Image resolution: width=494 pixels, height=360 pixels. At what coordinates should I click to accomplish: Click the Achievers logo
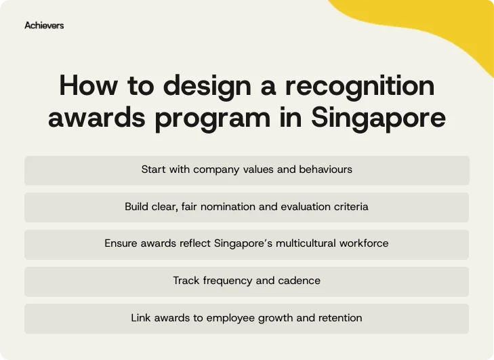(x=44, y=25)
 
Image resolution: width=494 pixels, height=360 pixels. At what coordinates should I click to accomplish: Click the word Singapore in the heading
(x=378, y=117)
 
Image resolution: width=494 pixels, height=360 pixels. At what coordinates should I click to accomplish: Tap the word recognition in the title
(x=359, y=86)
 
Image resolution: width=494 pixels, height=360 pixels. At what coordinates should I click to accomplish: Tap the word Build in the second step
(x=137, y=206)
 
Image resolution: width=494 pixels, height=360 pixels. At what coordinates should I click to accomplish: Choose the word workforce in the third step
(x=364, y=243)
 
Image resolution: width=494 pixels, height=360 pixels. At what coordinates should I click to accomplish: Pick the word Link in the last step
(x=142, y=317)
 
